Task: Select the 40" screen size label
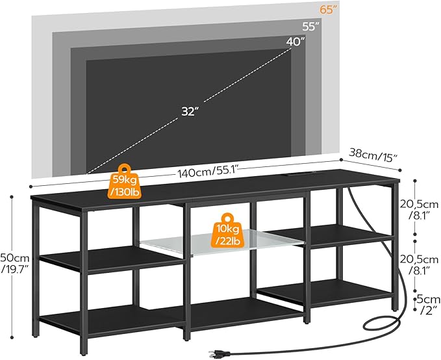coord(296,42)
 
